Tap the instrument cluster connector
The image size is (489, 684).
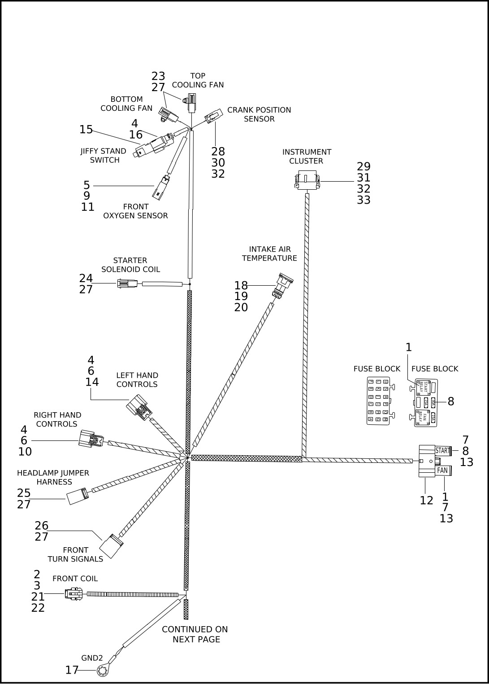tap(307, 180)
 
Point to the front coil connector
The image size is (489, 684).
tap(73, 594)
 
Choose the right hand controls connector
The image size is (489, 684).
tap(90, 439)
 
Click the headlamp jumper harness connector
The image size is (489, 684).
tap(77, 497)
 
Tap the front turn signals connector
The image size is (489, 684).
tap(111, 546)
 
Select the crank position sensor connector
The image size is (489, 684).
tap(214, 116)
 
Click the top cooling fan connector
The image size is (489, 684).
tap(192, 102)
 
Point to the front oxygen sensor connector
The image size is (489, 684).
tap(161, 188)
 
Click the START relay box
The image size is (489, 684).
tap(443, 451)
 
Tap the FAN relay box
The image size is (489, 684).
tap(443, 471)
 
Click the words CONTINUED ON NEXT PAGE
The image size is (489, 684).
tap(195, 634)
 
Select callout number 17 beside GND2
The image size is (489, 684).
tap(72, 670)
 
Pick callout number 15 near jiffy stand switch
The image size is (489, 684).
tap(86, 130)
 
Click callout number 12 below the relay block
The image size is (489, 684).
tap(426, 500)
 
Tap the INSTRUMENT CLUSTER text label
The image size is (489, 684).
tap(307, 157)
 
